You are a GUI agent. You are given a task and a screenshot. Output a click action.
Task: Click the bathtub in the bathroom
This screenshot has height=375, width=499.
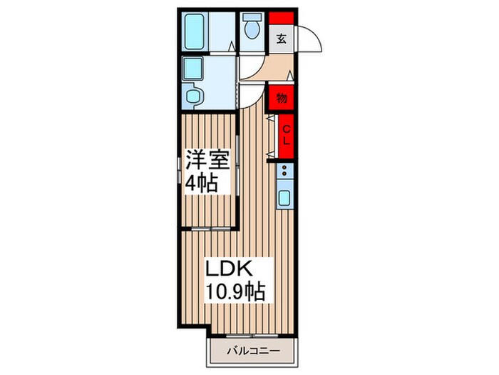click(x=195, y=31)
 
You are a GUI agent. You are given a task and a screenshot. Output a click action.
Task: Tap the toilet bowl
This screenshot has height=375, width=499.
click(x=252, y=27)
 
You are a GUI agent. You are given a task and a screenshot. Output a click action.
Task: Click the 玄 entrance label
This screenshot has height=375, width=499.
click(x=282, y=39)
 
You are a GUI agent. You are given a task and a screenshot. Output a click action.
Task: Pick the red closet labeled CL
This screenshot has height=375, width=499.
click(x=286, y=136)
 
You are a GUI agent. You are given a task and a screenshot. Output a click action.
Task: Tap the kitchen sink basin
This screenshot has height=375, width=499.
click(x=284, y=198)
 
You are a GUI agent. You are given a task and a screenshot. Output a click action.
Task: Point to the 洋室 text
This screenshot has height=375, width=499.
click(x=207, y=159)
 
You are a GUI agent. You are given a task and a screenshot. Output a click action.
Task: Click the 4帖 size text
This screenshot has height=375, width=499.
click(x=202, y=183)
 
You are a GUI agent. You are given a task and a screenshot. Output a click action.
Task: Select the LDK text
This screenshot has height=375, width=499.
click(x=230, y=269)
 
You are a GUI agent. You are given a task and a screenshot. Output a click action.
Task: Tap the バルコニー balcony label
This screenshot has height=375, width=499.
click(x=254, y=351)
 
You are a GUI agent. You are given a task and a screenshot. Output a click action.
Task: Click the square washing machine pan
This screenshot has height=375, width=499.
click(x=192, y=69)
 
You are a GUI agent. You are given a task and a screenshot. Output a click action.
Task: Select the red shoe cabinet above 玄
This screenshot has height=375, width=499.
click(x=282, y=18)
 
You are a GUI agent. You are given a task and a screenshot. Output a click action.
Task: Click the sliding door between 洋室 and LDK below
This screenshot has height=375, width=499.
click(x=211, y=229)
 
